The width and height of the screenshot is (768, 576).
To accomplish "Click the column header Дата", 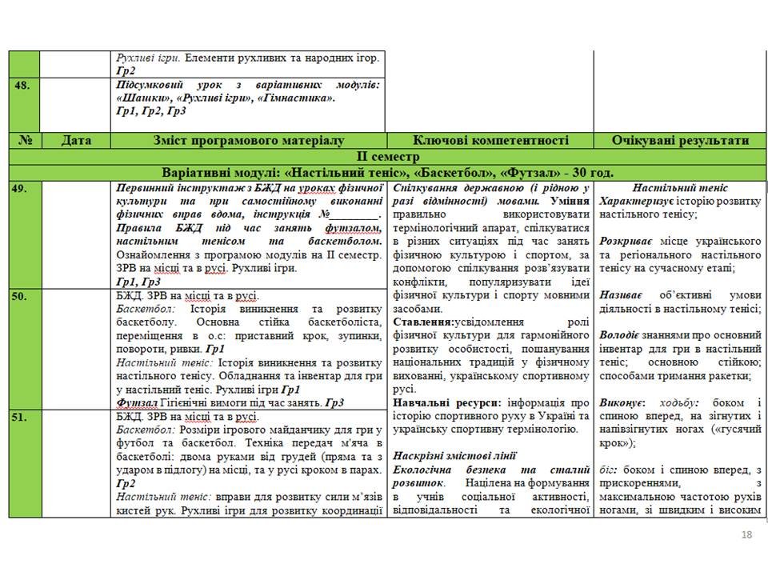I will [76, 140].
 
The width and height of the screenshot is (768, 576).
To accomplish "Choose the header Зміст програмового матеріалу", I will [249, 140].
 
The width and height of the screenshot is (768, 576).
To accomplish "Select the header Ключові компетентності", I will [491, 140].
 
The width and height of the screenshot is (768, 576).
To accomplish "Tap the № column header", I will [25, 140].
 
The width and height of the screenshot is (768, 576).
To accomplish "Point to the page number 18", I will [747, 535].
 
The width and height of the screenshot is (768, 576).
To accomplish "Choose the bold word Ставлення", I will [424, 322].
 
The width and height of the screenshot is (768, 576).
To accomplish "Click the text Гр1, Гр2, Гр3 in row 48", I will [151, 110].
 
